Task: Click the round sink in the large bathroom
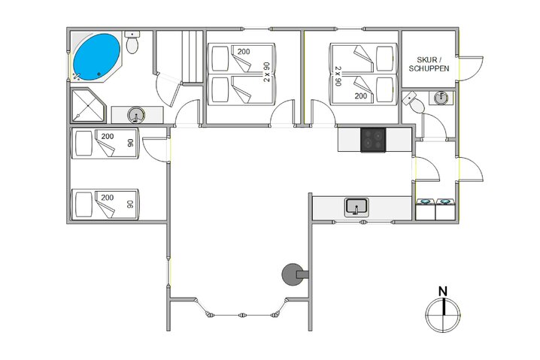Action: tap(136, 115)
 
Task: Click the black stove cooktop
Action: tap(374, 140)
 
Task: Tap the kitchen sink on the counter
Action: tap(356, 207)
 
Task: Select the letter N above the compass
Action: tap(443, 291)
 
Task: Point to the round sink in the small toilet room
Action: tap(441, 98)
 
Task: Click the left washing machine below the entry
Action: tap(425, 207)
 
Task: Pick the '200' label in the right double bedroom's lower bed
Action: tap(361, 96)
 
